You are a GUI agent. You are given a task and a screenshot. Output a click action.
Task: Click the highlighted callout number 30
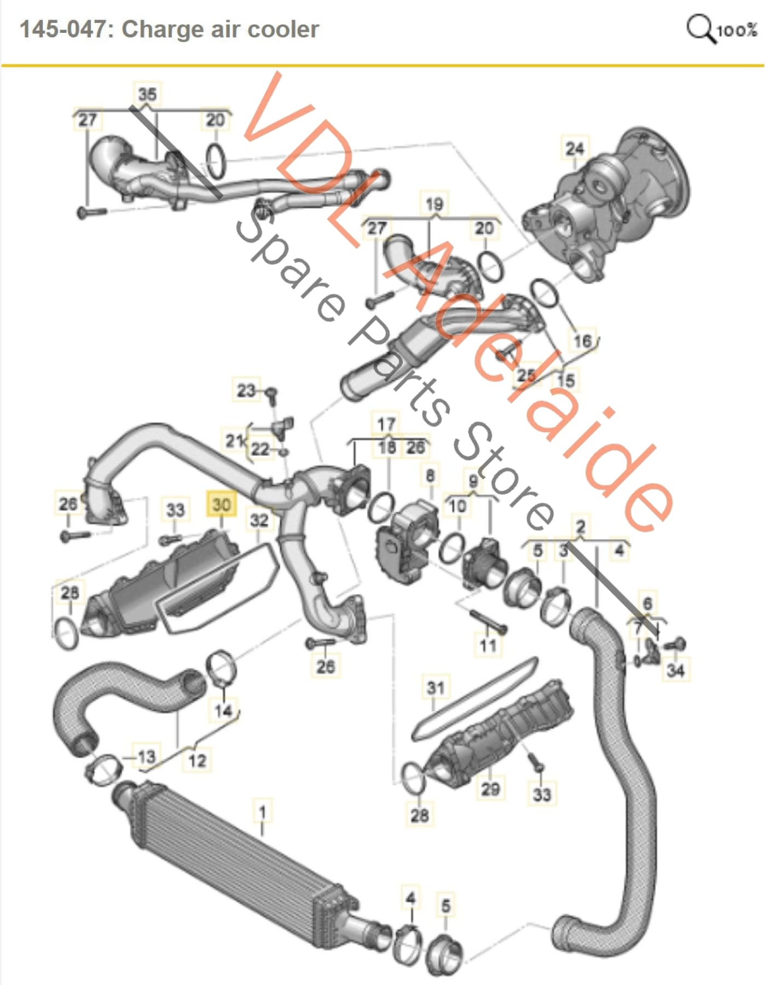(x=221, y=505)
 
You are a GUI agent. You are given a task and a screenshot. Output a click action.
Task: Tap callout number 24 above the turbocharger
(x=575, y=148)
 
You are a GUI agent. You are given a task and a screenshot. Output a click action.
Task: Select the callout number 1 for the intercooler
(x=263, y=812)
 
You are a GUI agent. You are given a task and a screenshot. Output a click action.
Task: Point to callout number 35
(x=147, y=94)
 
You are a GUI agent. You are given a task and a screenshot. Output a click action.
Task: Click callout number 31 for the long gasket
(x=436, y=687)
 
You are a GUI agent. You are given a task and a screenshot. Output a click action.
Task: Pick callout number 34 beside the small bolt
(x=676, y=670)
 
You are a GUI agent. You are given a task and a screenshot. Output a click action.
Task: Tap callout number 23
(x=246, y=390)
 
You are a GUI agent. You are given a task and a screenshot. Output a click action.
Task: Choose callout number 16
(x=582, y=341)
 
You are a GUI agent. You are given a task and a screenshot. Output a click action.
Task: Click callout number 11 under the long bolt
(x=488, y=646)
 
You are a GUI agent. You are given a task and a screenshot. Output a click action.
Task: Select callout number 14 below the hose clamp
(x=223, y=711)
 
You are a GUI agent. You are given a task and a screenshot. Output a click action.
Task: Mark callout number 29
(x=490, y=789)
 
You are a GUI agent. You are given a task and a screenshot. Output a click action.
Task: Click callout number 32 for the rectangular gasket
(x=259, y=519)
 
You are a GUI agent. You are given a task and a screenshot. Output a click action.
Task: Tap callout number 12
(x=197, y=760)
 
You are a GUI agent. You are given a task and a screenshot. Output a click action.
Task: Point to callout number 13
(x=146, y=757)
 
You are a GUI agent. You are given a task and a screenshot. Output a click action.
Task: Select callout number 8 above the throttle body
(x=430, y=476)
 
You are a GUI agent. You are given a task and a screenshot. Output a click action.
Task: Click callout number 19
(x=434, y=204)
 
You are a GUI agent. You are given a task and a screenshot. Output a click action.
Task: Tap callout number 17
(x=386, y=424)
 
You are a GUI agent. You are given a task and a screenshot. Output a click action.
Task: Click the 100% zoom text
(x=737, y=30)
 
